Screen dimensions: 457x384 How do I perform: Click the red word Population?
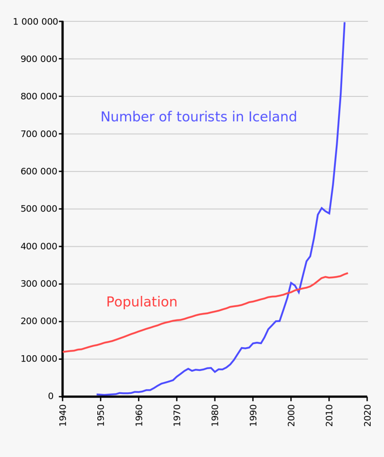pos(142,302)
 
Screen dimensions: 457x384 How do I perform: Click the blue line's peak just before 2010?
pos(321,208)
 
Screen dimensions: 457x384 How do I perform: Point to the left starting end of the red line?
pos(63,352)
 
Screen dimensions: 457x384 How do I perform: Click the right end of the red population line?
pos(347,273)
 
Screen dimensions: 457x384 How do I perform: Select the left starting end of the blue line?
pos(97,395)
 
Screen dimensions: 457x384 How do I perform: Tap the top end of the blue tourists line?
pos(344,22)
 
